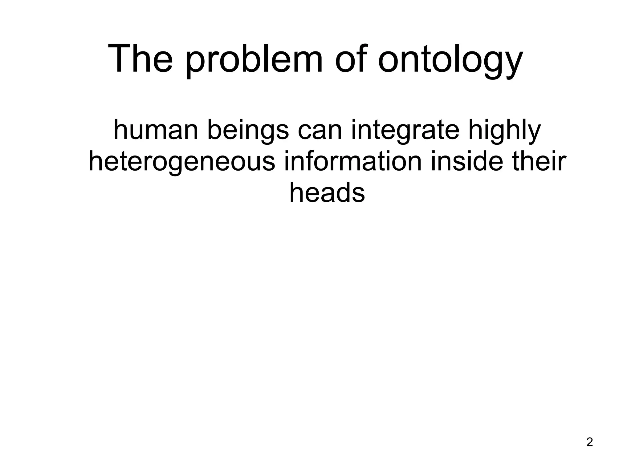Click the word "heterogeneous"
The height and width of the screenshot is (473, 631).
click(x=182, y=162)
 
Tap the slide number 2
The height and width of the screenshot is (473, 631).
click(x=589, y=443)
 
